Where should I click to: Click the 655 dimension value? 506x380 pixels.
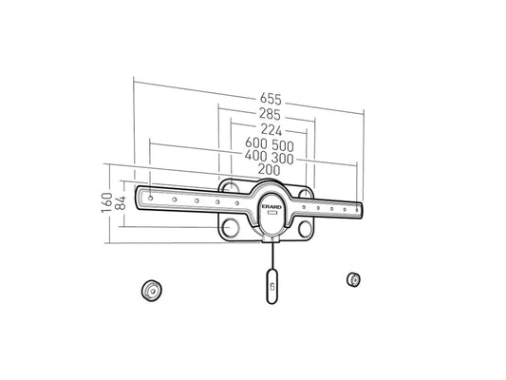pyautogui.click(x=271, y=99)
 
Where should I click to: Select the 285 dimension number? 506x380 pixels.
pyautogui.click(x=270, y=114)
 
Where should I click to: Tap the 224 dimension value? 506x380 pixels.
pyautogui.click(x=272, y=130)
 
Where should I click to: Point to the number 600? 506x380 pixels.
pyautogui.click(x=256, y=143)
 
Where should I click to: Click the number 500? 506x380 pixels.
pyautogui.click(x=283, y=146)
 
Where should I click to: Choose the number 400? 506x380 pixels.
pyautogui.click(x=255, y=156)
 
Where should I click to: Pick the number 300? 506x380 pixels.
pyautogui.click(x=282, y=159)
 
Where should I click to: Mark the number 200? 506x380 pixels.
pyautogui.click(x=269, y=170)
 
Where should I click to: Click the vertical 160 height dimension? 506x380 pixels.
pyautogui.click(x=107, y=202)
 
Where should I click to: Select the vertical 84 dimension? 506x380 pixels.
pyautogui.click(x=121, y=202)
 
